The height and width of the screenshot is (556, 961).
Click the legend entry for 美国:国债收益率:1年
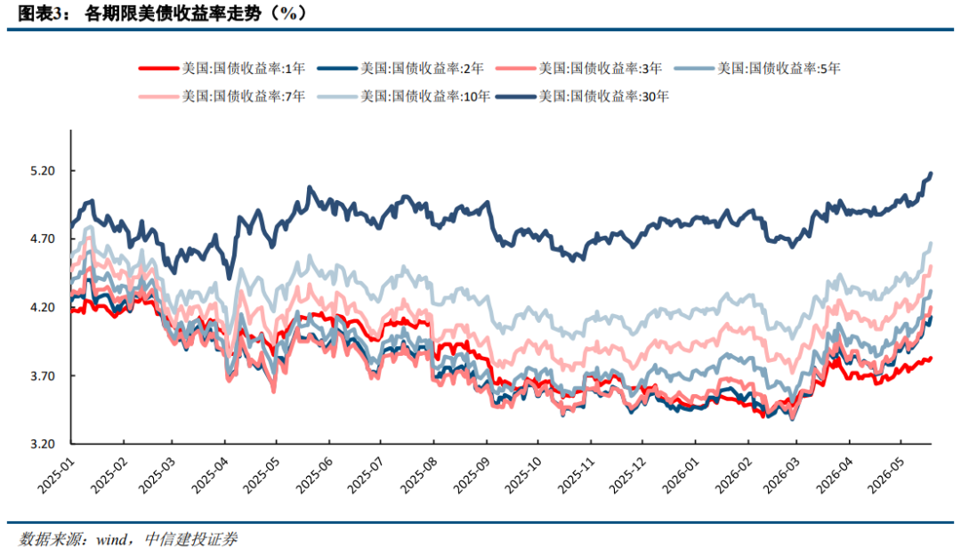(222, 68)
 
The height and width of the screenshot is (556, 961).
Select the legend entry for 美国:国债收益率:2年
(400, 68)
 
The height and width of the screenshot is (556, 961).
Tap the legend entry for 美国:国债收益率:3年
(579, 68)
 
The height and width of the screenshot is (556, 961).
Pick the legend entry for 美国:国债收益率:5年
(757, 68)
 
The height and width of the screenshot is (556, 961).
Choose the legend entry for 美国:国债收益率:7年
(222, 95)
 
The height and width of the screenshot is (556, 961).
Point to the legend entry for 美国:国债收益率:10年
(404, 95)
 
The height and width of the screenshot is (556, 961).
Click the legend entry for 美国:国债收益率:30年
(582, 95)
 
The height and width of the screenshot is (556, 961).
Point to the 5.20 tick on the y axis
(43, 171)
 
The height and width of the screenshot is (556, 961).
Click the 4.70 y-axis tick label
(43, 239)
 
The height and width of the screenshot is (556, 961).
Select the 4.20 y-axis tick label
(43, 308)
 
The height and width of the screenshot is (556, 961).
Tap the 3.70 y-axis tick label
(43, 375)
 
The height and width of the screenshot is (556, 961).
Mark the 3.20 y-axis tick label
(43, 444)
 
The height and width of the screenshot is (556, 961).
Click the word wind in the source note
(112, 540)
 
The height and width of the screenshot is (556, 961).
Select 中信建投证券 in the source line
(190, 539)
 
